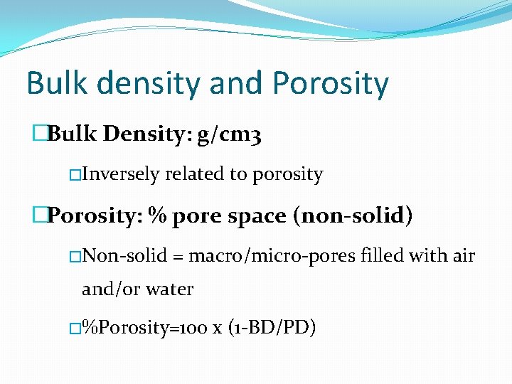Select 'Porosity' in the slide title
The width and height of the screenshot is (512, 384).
point(331,84)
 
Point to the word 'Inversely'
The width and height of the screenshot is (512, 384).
point(121,174)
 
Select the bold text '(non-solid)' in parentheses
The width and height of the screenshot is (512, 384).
point(353,215)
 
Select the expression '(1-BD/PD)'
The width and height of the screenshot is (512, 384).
point(272,328)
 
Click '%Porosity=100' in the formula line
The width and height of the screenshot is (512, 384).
point(144,328)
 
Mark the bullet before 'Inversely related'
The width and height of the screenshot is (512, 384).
point(75,175)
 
